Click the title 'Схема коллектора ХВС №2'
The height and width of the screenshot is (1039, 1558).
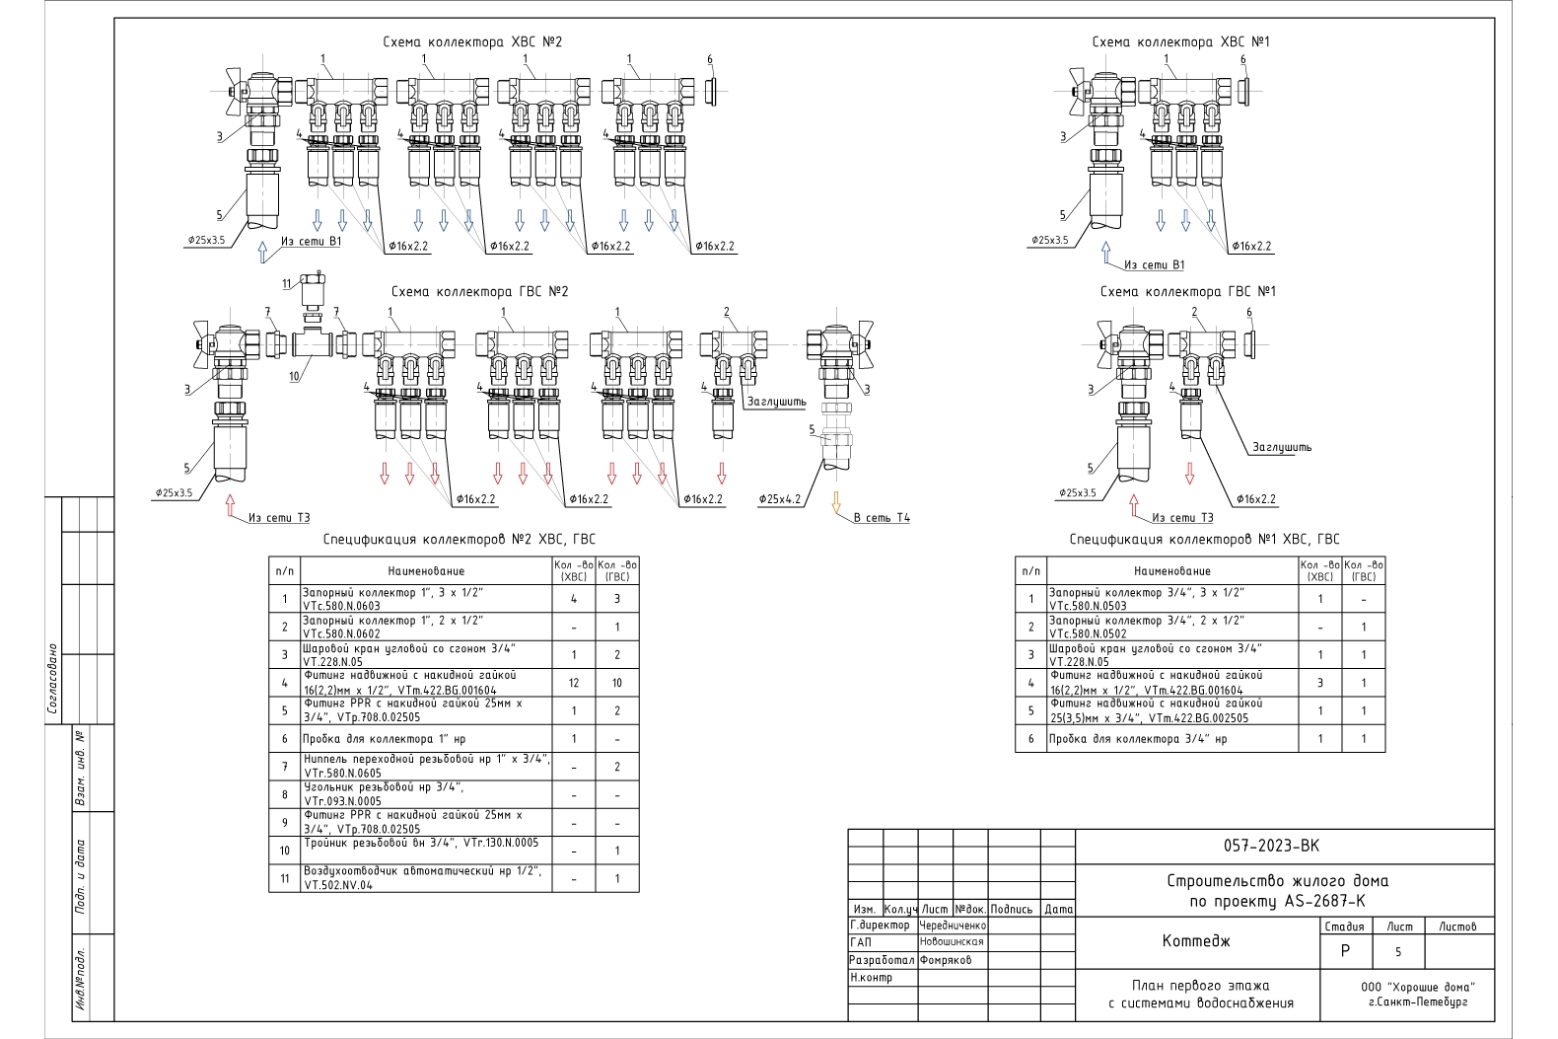(x=472, y=41)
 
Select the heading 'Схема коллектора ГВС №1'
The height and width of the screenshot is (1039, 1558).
(x=1187, y=292)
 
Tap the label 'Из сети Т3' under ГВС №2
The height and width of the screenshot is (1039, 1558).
(x=279, y=517)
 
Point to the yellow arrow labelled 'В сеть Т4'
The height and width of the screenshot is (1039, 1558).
(x=836, y=502)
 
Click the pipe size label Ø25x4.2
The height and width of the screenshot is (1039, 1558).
(x=779, y=499)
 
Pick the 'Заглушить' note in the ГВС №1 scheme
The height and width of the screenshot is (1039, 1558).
(x=1282, y=447)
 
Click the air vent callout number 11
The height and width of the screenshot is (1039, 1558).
(x=287, y=284)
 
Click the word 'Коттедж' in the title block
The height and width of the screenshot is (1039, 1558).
(x=1196, y=941)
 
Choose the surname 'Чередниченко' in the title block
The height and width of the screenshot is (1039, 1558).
(x=953, y=926)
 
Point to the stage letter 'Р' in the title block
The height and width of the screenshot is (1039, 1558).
(x=1345, y=951)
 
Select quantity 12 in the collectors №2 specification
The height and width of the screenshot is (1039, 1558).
(x=574, y=683)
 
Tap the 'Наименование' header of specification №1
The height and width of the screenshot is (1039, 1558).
(x=1171, y=571)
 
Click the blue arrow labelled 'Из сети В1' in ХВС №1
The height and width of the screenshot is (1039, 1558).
(x=1105, y=255)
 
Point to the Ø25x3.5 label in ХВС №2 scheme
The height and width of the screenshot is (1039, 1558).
(x=206, y=240)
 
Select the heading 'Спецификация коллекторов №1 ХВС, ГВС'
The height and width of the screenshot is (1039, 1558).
(x=1204, y=540)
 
